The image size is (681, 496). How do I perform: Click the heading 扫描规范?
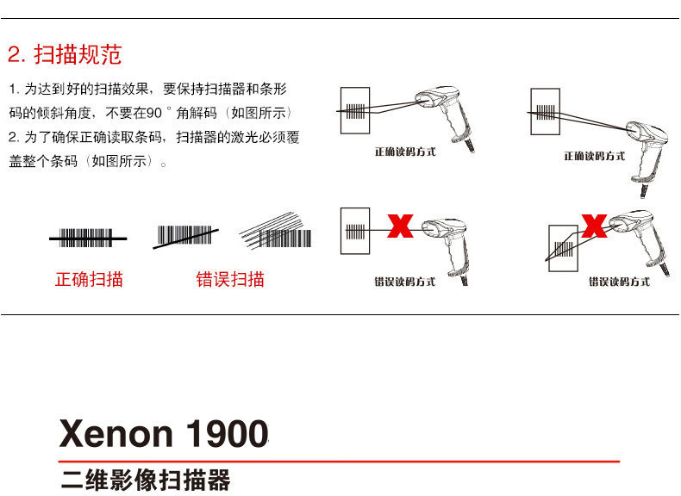pos(78,56)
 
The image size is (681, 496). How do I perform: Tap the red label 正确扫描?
pos(89,279)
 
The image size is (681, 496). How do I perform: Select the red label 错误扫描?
pos(230,279)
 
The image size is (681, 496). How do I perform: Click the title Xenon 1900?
pos(164,433)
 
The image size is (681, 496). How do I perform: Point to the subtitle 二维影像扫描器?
pos(146,479)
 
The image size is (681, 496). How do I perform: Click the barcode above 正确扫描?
pos(86,237)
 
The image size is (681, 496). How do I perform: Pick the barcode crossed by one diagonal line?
pos(184,235)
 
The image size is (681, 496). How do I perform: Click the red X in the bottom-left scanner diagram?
pos(400,226)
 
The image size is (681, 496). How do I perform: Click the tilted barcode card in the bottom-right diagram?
pos(565,248)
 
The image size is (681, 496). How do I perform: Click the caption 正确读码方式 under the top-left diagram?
pos(405,152)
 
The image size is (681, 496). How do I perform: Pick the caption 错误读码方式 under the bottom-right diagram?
pos(620,282)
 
